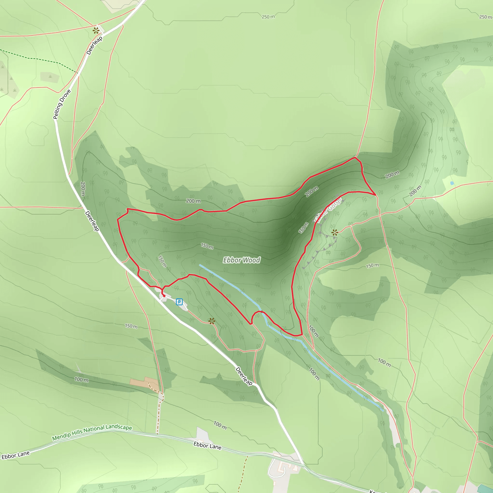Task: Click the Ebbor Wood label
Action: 241,260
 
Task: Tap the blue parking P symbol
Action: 179,302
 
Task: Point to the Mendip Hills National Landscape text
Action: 92,433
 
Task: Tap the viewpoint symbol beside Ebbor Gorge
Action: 335,233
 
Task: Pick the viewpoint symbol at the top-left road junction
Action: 96,31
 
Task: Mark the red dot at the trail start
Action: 164,296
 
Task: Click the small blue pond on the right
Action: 452,183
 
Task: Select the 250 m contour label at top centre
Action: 268,17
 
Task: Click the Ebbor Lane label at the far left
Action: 16,455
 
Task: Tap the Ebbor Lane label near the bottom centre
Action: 207,446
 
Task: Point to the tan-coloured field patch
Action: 144,383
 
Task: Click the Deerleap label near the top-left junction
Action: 94,45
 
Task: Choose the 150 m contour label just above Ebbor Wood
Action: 207,246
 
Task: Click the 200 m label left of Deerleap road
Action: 83,189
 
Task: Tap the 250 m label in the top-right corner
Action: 485,17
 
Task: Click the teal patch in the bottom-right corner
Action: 485,489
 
